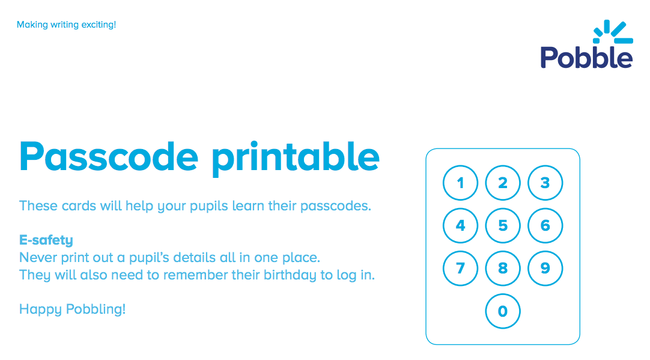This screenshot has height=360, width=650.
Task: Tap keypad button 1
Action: (x=460, y=183)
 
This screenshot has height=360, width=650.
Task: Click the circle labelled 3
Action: (x=545, y=183)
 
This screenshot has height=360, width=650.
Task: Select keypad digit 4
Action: (x=460, y=225)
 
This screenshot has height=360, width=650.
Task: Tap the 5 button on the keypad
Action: (x=503, y=225)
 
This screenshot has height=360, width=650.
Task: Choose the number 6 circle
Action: (x=545, y=225)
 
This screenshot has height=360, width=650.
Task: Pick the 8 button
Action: (x=503, y=268)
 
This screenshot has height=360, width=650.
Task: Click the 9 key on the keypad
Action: (x=545, y=268)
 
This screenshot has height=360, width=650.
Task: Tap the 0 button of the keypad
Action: (x=503, y=311)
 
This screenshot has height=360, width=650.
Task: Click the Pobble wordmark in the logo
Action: (x=586, y=57)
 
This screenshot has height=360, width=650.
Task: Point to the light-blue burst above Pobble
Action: (x=613, y=32)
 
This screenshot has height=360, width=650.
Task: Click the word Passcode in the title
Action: (x=109, y=157)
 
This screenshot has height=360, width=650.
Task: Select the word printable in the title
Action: (x=296, y=159)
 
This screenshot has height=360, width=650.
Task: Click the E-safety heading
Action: (x=46, y=240)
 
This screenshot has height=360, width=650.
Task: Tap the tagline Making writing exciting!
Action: (x=66, y=25)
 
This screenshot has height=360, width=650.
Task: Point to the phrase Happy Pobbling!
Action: (x=73, y=310)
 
